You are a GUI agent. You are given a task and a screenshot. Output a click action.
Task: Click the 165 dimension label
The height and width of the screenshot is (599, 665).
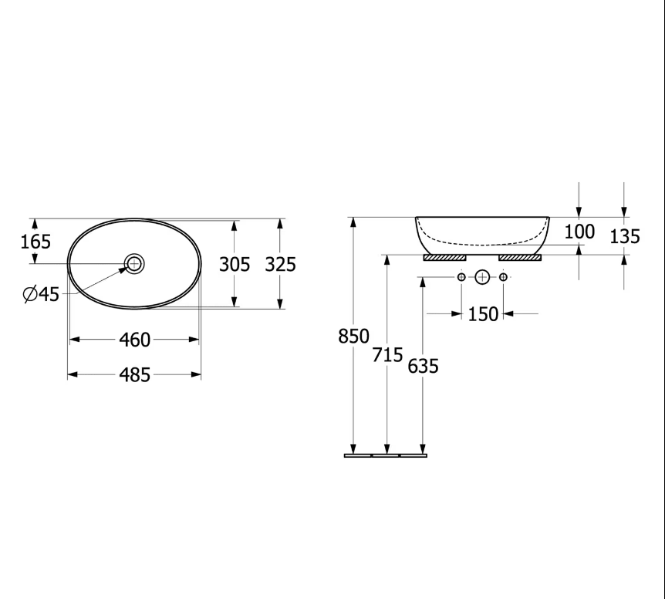click(x=35, y=242)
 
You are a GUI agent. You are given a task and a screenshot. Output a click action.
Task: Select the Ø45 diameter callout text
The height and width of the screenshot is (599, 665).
click(x=41, y=294)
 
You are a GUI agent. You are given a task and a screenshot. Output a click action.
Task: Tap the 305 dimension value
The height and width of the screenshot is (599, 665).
click(x=235, y=265)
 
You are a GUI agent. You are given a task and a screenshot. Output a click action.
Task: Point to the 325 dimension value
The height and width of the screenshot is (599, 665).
click(x=280, y=265)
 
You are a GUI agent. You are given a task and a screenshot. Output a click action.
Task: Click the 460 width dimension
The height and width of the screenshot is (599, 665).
click(x=134, y=340)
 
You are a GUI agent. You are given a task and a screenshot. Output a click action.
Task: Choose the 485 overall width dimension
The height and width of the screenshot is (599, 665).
click(x=134, y=375)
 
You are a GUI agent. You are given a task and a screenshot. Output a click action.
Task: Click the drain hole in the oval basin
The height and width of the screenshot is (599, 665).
click(x=134, y=264)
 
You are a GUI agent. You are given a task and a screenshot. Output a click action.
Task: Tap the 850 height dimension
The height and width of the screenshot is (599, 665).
click(x=354, y=337)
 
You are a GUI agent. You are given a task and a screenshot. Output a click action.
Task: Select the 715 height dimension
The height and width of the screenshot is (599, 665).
click(x=388, y=355)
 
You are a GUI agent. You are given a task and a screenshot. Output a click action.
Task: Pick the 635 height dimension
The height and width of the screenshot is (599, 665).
click(x=423, y=366)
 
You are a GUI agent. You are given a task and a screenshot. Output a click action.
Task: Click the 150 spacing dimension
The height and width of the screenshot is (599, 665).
click(x=483, y=314)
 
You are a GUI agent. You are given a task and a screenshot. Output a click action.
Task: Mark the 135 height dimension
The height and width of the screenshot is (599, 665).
click(x=625, y=236)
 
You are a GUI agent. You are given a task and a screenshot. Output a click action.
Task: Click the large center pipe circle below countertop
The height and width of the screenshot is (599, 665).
click(x=482, y=276)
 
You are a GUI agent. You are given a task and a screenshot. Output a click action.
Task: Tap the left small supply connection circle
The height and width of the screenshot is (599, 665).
click(x=461, y=276)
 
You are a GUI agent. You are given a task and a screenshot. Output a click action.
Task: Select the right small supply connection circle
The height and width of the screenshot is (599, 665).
click(x=503, y=276)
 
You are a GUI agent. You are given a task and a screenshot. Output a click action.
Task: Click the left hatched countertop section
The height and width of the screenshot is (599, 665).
click(x=445, y=257)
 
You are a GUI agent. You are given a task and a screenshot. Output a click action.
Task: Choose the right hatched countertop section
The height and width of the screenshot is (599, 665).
click(x=521, y=257)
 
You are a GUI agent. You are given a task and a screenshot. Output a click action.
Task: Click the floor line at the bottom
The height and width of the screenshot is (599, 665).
click(x=385, y=455)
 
